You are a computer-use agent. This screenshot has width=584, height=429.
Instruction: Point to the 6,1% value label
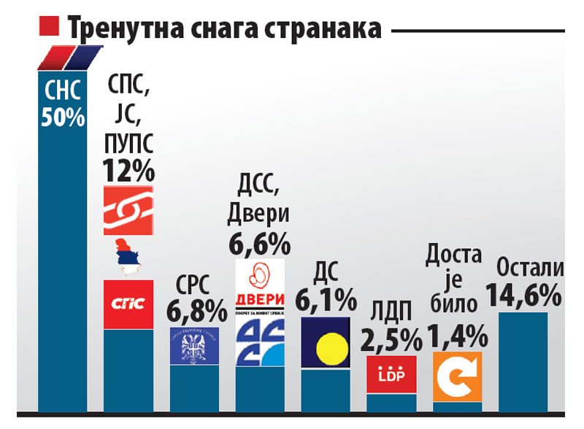coord(326,299)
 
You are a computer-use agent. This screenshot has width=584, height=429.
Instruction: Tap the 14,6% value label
coord(530,295)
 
